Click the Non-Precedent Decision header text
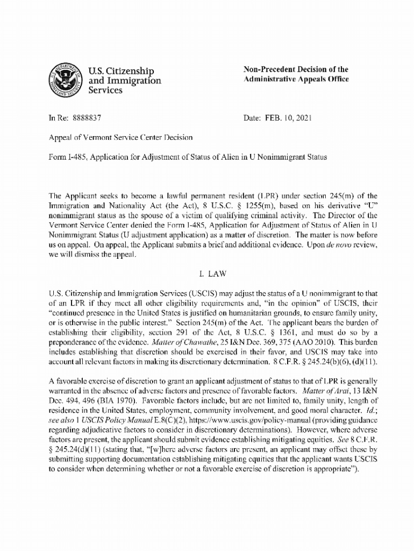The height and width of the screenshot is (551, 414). click(x=296, y=69)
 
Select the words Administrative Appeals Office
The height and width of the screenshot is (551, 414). click(x=296, y=79)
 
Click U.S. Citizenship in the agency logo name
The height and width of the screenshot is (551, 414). click(x=121, y=71)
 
